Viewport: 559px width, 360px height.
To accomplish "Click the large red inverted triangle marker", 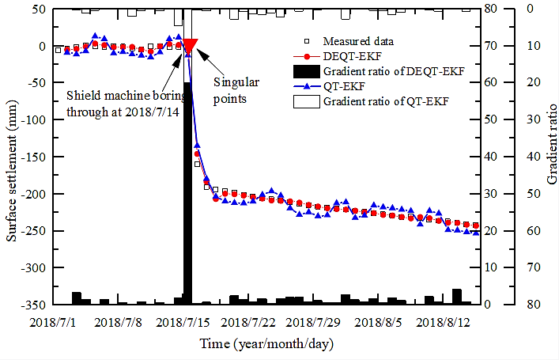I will pyautogui.click(x=190, y=46).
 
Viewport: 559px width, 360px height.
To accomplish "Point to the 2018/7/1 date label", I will pyautogui.click(x=52, y=322).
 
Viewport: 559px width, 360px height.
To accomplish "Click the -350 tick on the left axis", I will pyautogui.click(x=33, y=304).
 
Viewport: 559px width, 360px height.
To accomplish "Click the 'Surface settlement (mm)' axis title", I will pyautogui.click(x=11, y=156).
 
